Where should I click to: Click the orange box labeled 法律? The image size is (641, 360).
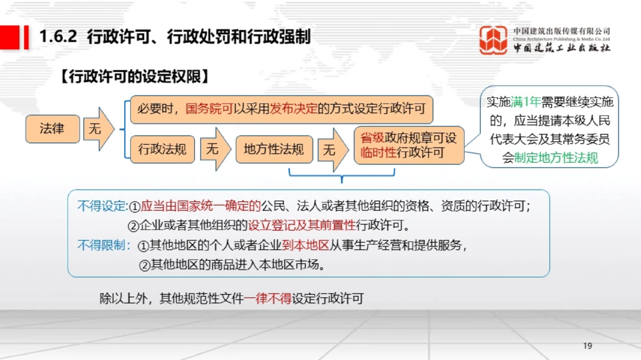coord(53,129)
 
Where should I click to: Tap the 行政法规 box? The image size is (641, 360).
coord(162,149)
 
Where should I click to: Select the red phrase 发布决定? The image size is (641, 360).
coord(294,109)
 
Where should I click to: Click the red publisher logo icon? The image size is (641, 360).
coord(493,40)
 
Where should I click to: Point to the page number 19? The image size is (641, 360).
coord(587,346)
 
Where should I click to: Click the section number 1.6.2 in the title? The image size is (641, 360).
coord(58,37)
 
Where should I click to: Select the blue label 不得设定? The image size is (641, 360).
coord(102,206)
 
